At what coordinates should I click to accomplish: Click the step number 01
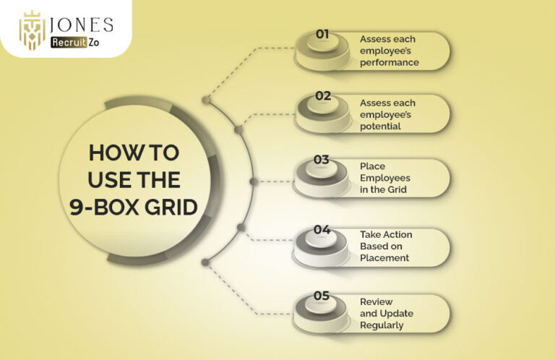[x=322, y=34]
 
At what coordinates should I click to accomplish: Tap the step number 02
[x=323, y=95]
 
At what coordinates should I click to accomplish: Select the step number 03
[x=322, y=160]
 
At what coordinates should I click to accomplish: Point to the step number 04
[x=322, y=230]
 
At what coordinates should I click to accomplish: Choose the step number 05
[x=322, y=296]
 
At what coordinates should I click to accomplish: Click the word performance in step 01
[x=390, y=63]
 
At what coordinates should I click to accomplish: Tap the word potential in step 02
[x=381, y=127]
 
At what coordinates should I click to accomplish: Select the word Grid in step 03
[x=397, y=189]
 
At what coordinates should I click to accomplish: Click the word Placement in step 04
[x=384, y=257]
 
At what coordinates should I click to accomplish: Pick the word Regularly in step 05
[x=382, y=325]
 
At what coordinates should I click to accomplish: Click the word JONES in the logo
[x=82, y=25]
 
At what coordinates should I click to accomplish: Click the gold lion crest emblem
[x=33, y=30]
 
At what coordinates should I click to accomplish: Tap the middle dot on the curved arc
[x=254, y=181]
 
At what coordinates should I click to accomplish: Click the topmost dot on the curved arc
[x=206, y=100]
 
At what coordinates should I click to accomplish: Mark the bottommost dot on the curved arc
[x=205, y=262]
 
